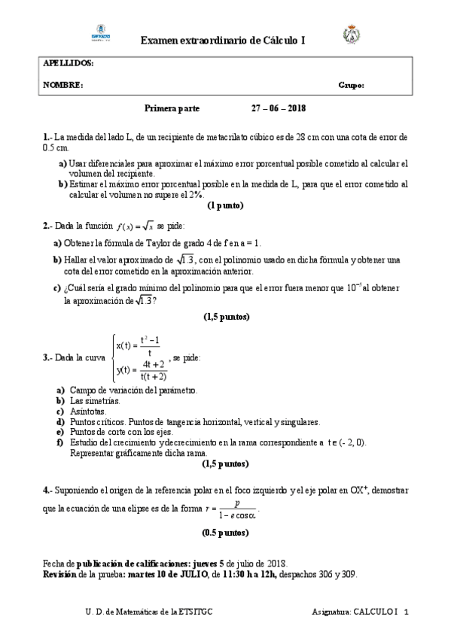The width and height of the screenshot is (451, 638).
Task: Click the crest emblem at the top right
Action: [x=352, y=34]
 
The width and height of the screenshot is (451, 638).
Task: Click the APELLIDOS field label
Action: [x=68, y=64]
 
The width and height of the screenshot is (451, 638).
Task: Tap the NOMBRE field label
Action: [x=62, y=86]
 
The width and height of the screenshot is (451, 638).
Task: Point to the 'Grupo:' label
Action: [x=351, y=86]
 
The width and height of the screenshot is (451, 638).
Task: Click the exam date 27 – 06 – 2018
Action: [x=279, y=108]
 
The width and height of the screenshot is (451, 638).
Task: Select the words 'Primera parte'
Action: [x=172, y=108]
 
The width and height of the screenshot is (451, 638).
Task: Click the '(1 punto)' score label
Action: [x=225, y=205]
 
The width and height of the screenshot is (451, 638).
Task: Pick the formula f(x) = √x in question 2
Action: [x=136, y=226]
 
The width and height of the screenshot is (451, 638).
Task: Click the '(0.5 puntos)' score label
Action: [x=225, y=533]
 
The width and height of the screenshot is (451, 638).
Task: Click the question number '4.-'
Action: [x=47, y=490]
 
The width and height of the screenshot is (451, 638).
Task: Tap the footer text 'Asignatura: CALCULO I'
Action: [x=355, y=612]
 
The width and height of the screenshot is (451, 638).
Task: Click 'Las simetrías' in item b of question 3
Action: [x=94, y=402]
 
